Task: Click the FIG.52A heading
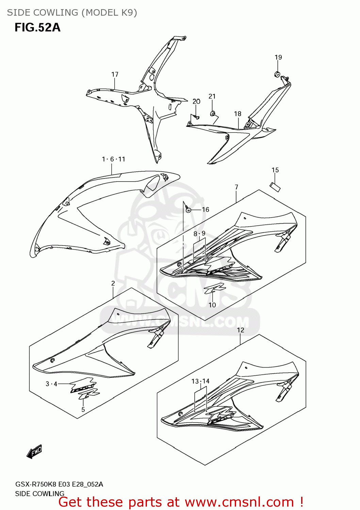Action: pyautogui.click(x=37, y=27)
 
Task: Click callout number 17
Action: pyautogui.click(x=115, y=74)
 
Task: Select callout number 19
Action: pyautogui.click(x=278, y=57)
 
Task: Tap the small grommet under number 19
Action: pyautogui.click(x=277, y=74)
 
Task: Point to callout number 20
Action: pyautogui.click(x=196, y=101)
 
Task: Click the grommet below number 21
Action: pyautogui.click(x=213, y=113)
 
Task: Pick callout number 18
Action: pyautogui.click(x=238, y=114)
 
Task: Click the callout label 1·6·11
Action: pyautogui.click(x=114, y=159)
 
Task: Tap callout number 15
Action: pyautogui.click(x=275, y=170)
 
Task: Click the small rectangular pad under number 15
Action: pyautogui.click(x=275, y=187)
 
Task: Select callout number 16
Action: pyautogui.click(x=206, y=209)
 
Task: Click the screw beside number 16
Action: pyautogui.click(x=188, y=209)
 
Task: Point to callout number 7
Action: pyautogui.click(x=236, y=187)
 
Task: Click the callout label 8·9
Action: pyautogui.click(x=199, y=234)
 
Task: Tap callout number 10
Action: pyautogui.click(x=212, y=305)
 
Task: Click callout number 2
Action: pyautogui.click(x=113, y=283)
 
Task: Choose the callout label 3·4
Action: pyautogui.click(x=51, y=384)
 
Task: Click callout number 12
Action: pyautogui.click(x=241, y=330)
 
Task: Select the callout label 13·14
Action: pyautogui.click(x=200, y=381)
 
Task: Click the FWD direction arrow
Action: pyautogui.click(x=34, y=452)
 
